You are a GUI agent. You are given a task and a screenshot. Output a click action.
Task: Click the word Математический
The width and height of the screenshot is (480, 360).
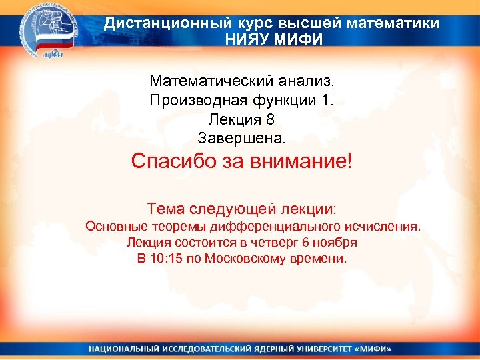point(208,81)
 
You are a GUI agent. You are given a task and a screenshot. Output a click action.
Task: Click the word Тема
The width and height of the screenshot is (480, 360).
point(164,208)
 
